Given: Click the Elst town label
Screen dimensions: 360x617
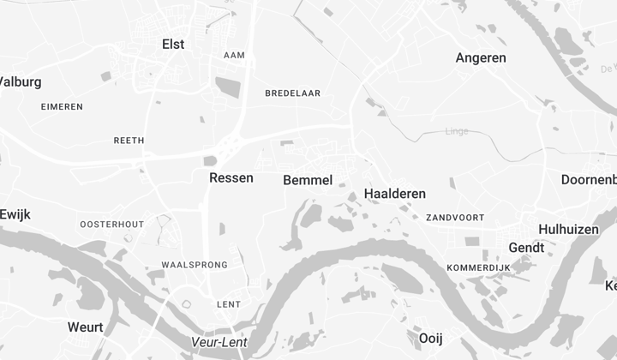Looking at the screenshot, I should point(173,44).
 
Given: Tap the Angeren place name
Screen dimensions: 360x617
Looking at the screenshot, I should point(481,58).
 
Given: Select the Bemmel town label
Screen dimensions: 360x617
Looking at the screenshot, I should point(308,180).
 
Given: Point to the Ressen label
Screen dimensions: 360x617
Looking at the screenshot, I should point(231,177).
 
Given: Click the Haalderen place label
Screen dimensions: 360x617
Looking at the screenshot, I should point(395,194).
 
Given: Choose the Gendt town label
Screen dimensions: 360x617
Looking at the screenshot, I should point(526,248).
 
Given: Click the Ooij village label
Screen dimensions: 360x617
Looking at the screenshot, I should point(430,338).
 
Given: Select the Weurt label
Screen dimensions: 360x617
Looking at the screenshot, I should point(86,327).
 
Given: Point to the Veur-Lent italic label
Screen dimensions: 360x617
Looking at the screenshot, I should point(219,343).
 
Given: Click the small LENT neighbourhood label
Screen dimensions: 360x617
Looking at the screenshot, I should point(229,304).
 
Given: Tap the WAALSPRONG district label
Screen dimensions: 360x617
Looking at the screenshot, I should point(195,265).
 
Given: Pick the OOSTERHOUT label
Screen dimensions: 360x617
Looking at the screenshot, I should point(112,224).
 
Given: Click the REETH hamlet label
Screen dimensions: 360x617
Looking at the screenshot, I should point(129,140).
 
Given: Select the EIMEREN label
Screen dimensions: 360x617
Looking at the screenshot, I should point(63,106).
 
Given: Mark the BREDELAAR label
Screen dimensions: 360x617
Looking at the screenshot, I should point(293,93).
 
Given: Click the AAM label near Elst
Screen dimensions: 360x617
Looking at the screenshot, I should point(234,55).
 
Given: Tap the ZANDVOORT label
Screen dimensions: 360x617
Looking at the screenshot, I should point(455,218).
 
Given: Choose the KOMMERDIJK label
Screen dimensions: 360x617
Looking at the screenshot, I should point(478,268).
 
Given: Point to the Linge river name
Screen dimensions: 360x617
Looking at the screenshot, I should point(458,131).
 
